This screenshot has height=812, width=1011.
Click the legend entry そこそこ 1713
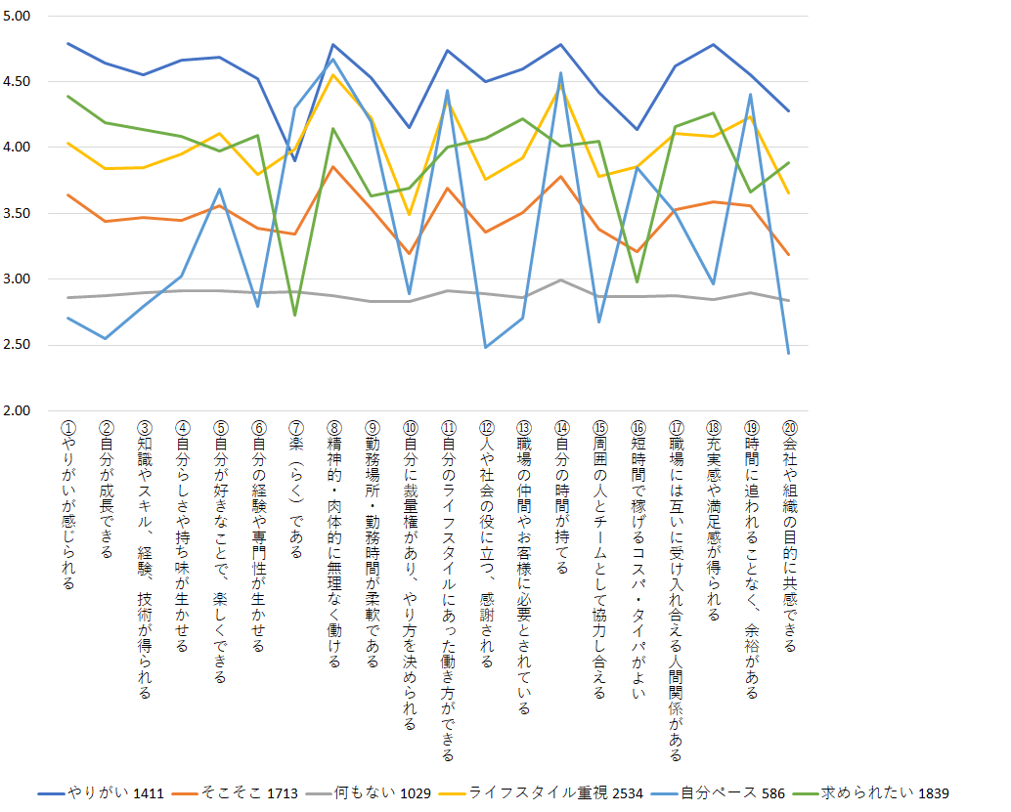[x=244, y=792]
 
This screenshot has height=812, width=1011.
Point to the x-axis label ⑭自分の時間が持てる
[x=560, y=497]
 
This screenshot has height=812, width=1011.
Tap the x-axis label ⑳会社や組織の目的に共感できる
[x=789, y=536]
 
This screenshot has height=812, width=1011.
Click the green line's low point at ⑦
[x=295, y=315]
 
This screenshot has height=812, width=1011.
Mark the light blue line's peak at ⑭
[x=560, y=73]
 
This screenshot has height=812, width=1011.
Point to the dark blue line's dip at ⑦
[x=295, y=160]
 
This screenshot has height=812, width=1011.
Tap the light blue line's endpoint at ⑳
[x=789, y=353]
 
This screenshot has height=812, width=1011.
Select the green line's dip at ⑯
[x=637, y=281]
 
